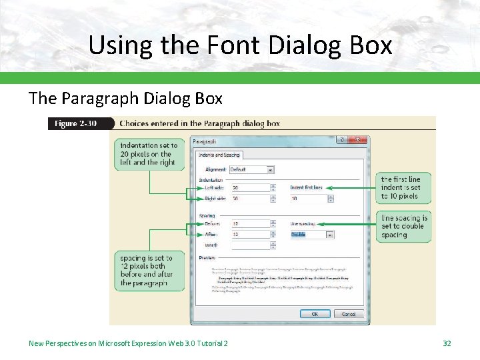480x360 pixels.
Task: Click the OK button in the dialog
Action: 315,313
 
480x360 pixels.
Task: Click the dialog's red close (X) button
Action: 359,140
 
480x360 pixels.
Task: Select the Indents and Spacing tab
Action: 219,155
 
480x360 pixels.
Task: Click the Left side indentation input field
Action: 250,188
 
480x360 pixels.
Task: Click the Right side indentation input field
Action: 250,199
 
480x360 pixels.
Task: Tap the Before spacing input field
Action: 250,224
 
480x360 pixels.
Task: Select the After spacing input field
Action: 250,235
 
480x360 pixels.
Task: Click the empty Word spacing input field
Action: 250,245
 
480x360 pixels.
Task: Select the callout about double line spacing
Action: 404,226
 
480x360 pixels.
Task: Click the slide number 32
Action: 447,343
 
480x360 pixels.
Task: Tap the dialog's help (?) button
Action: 342,140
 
